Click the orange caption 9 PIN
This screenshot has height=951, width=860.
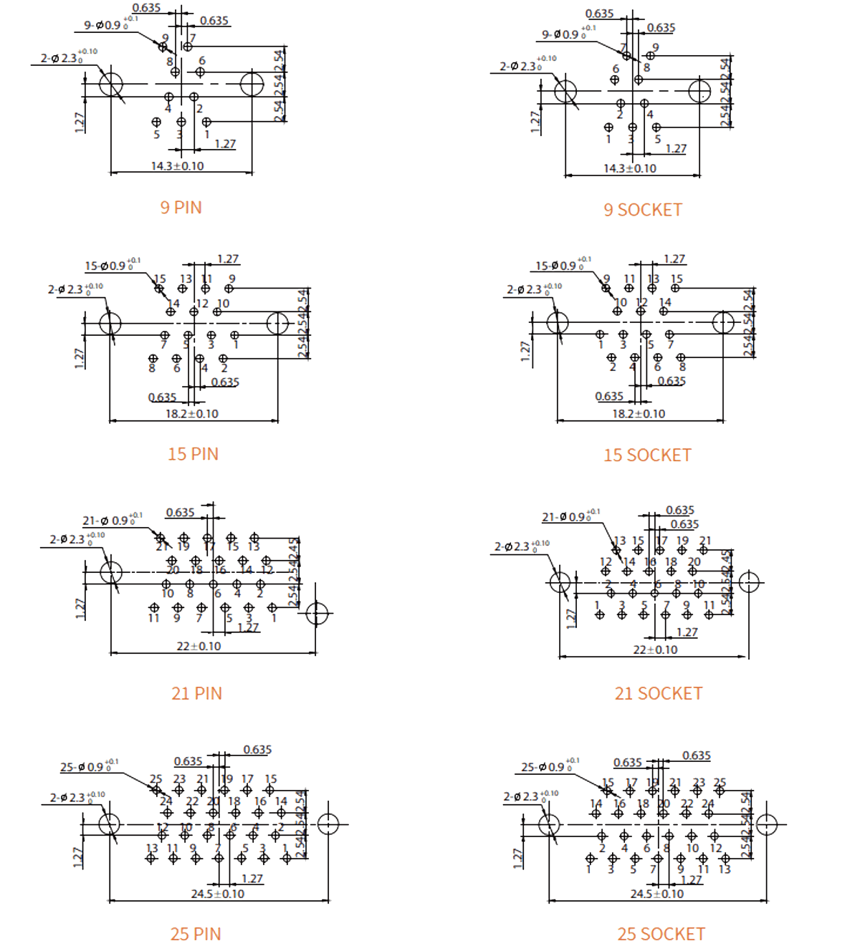[x=181, y=208]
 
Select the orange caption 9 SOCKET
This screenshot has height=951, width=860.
[x=642, y=210]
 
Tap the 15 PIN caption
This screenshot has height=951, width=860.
[x=193, y=454]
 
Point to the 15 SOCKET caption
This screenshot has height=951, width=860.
[x=647, y=455]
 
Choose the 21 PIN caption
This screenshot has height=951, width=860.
[x=196, y=693]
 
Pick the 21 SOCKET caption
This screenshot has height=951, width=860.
[x=658, y=693]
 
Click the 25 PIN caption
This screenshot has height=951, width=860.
[x=196, y=934]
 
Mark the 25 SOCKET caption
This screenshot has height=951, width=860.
[x=661, y=934]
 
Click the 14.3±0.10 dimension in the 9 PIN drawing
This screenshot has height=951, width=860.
[x=177, y=166]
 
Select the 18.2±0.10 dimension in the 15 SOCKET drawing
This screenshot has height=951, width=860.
[x=638, y=413]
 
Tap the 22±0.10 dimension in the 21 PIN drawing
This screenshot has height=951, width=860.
[x=199, y=646]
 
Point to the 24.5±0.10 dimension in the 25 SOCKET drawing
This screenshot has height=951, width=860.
[x=656, y=894]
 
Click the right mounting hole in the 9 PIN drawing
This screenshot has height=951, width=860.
[x=252, y=85]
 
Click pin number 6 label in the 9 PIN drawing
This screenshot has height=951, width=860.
[x=202, y=61]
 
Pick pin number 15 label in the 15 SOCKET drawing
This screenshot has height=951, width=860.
[x=676, y=279]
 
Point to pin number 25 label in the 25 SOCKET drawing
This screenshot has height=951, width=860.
[x=720, y=782]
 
